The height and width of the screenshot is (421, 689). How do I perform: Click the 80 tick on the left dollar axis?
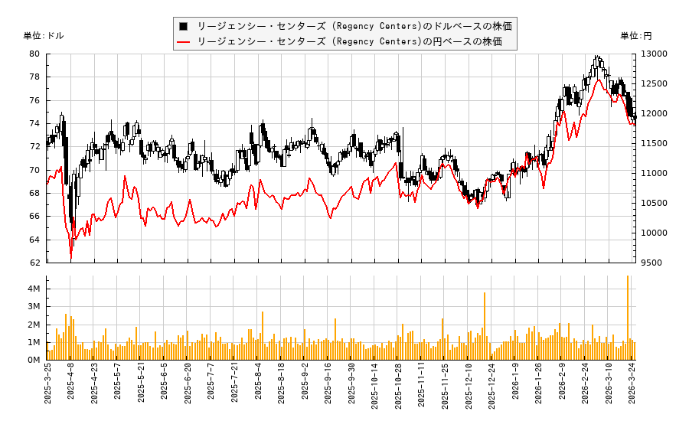coord(34,54)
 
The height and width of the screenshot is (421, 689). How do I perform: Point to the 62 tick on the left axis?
coord(34,263)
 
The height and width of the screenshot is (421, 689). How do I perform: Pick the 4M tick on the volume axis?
coord(34,289)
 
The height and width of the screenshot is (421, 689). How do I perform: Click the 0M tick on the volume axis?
coord(34,360)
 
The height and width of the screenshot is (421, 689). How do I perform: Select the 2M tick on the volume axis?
coord(34,325)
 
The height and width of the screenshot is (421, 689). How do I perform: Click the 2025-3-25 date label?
coord(47,389)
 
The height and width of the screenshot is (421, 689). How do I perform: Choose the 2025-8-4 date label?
coord(258,387)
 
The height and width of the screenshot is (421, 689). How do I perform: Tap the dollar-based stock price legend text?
coord(354,26)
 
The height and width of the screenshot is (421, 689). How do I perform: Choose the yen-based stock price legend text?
coord(349,41)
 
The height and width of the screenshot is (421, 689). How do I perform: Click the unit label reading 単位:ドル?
coord(44,36)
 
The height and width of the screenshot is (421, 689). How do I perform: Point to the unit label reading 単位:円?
coord(635,36)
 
